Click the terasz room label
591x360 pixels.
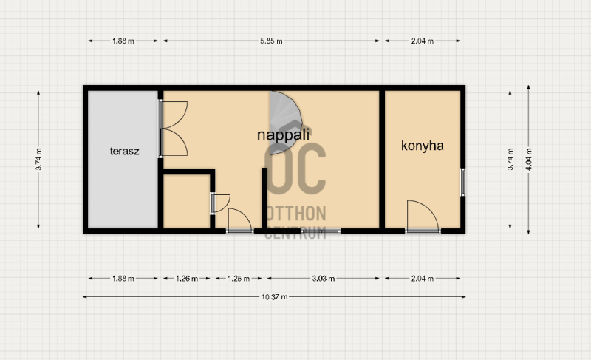(124, 151)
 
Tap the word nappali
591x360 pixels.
(283, 135)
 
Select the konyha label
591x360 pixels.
(422, 146)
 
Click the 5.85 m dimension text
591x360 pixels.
(271, 41)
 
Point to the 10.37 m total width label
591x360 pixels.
(274, 297)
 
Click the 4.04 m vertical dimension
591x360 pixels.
(529, 160)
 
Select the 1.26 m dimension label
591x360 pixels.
(187, 279)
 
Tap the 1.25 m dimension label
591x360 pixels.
(239, 279)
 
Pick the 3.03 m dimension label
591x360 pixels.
(324, 279)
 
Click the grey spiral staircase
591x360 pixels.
(284, 123)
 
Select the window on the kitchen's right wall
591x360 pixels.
(463, 182)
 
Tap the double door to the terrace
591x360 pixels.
(174, 129)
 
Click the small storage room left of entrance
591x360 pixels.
(187, 201)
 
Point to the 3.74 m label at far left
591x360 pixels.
(38, 160)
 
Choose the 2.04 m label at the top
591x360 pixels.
(422, 41)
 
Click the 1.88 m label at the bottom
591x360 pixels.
(123, 279)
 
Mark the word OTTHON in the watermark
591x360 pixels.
(296, 214)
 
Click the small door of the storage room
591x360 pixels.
(220, 203)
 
